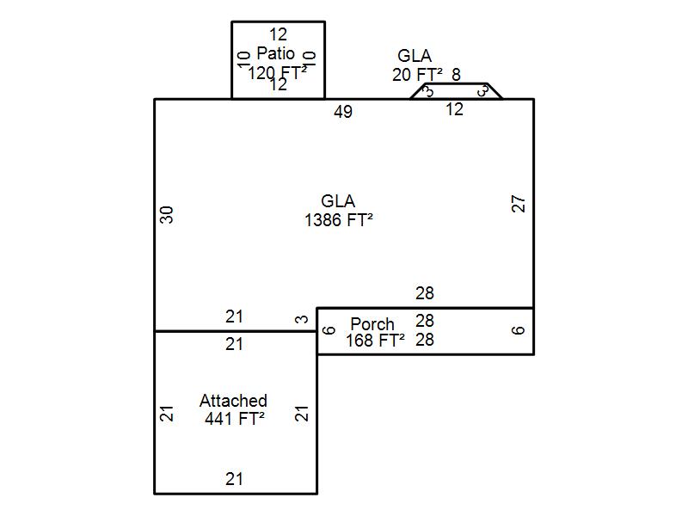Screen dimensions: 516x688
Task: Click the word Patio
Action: click(x=275, y=54)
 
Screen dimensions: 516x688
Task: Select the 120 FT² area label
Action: click(x=277, y=73)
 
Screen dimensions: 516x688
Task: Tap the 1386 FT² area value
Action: click(x=338, y=220)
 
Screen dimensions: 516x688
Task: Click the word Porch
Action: click(x=372, y=324)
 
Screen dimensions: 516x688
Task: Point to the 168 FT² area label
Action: click(x=375, y=341)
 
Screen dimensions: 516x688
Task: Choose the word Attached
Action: click(x=233, y=401)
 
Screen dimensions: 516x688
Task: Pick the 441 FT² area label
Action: click(x=234, y=419)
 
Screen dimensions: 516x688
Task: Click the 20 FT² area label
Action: click(x=417, y=75)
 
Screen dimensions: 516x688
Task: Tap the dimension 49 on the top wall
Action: click(x=343, y=112)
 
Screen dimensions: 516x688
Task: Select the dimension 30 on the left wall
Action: click(x=168, y=214)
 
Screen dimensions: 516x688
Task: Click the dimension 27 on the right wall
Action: click(x=519, y=204)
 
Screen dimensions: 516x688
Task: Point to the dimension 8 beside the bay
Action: click(x=456, y=75)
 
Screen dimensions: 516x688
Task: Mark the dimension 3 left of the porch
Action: click(x=302, y=320)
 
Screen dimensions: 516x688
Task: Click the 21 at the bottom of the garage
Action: click(x=234, y=479)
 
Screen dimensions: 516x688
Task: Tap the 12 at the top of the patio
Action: click(x=278, y=35)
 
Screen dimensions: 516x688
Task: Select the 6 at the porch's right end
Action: click(x=519, y=330)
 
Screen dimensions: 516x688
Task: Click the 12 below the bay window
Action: click(x=454, y=109)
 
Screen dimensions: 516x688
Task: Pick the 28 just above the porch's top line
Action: click(x=425, y=293)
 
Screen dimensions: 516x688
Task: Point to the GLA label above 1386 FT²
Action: click(x=338, y=201)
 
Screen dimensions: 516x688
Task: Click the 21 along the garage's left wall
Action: click(x=168, y=413)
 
